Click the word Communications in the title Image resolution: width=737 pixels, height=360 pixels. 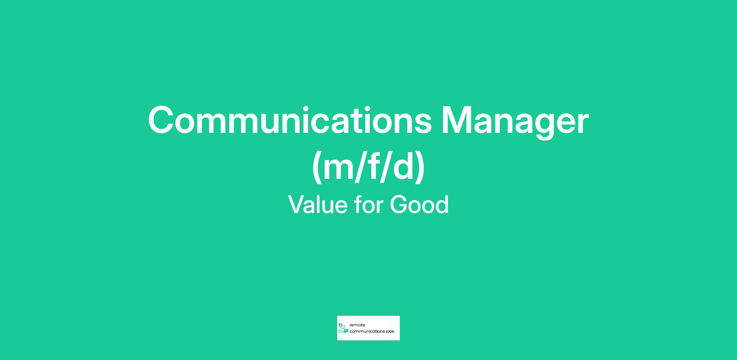(x=290, y=120)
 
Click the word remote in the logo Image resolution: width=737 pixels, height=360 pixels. (x=357, y=325)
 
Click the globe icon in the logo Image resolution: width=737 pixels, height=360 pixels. (x=340, y=325)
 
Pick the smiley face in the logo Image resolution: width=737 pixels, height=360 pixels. (x=343, y=327)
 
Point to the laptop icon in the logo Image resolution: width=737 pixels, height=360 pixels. (x=346, y=331)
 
